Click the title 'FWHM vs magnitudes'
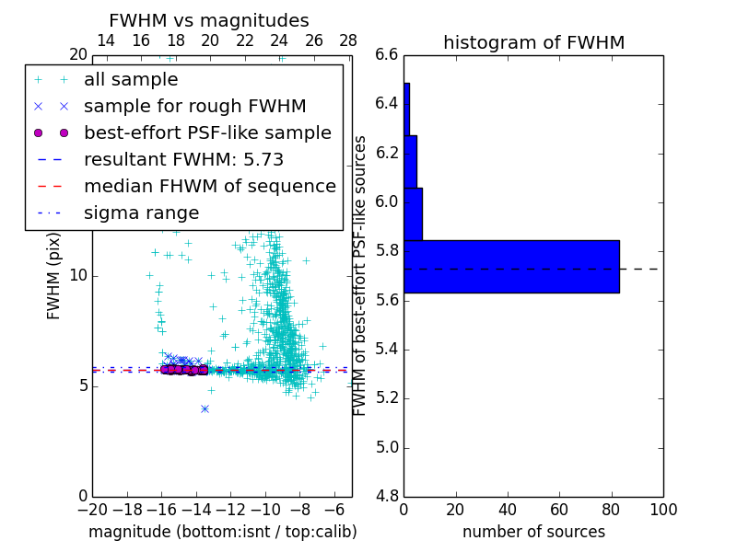(209, 21)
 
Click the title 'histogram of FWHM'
(533, 42)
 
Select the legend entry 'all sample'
(131, 80)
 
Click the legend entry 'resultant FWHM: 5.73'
(183, 159)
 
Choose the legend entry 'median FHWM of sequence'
(209, 186)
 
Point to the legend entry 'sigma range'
(141, 213)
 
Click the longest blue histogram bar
(511, 267)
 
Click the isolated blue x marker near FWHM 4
(205, 408)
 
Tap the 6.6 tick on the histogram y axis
(387, 55)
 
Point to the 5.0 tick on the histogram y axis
(387, 447)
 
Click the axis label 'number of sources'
(533, 532)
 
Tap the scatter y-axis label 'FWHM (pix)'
(53, 276)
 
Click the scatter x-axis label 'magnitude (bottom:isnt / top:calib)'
(222, 532)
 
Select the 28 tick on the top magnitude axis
(348, 40)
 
